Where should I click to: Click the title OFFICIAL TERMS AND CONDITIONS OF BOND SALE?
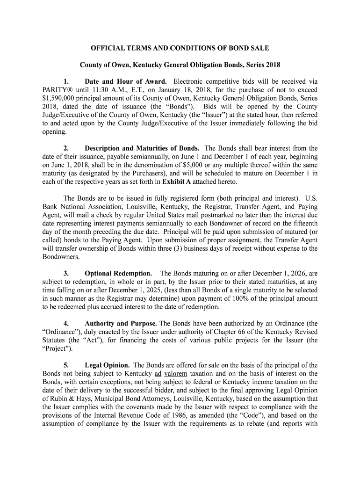click(x=180, y=48)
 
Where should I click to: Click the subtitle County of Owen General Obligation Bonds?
click(x=180, y=64)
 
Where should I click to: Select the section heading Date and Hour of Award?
click(x=122, y=81)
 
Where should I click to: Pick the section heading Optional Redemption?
click(x=118, y=273)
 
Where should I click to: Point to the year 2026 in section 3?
click(x=295, y=273)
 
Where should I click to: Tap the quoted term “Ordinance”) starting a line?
click(x=61, y=332)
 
